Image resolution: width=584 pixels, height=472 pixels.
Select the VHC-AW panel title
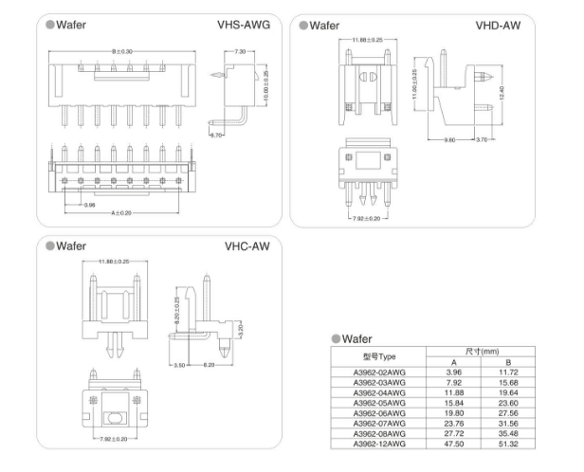[247, 245]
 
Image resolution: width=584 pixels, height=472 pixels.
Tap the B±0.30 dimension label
[122, 50]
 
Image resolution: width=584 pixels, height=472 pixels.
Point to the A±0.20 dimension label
[122, 213]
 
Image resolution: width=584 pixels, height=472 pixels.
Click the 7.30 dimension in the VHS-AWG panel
[240, 50]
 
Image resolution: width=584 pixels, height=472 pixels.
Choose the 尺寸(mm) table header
[482, 352]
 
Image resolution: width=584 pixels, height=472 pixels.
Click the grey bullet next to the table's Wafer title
[336, 338]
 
